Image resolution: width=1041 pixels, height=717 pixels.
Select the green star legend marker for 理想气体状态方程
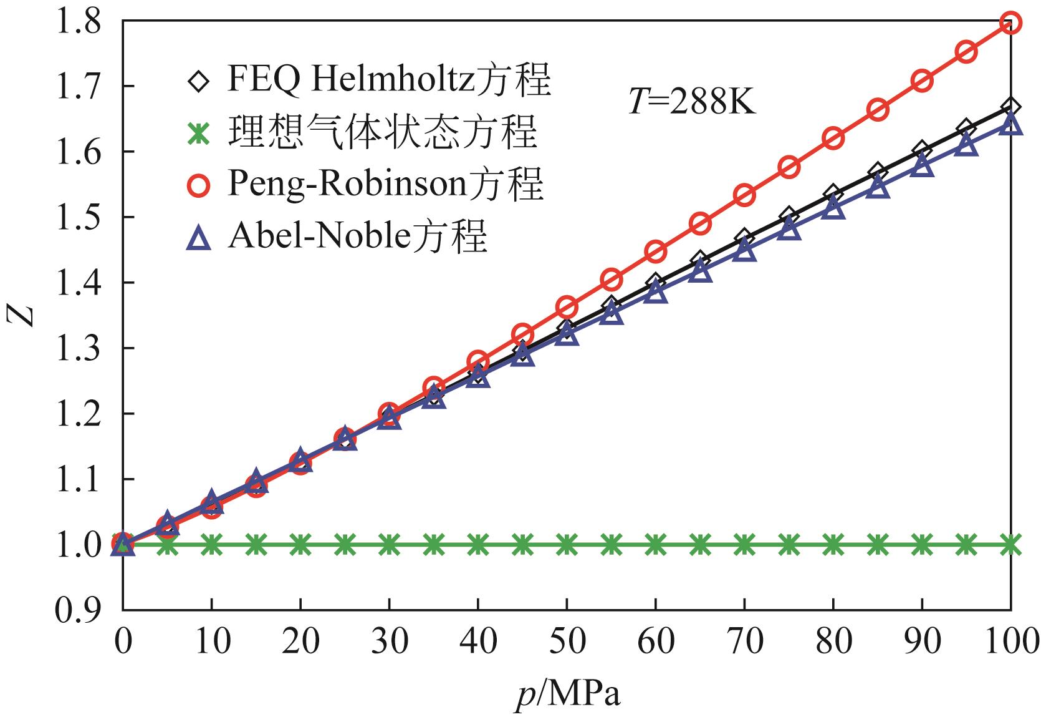[198, 133]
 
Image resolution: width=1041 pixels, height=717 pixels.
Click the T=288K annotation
[692, 102]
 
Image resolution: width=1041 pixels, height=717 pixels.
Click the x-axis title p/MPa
[568, 694]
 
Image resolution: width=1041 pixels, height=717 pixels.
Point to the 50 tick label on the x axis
[566, 641]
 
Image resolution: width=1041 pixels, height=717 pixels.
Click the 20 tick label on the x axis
[300, 641]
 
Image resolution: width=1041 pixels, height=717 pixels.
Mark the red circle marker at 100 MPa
[1010, 23]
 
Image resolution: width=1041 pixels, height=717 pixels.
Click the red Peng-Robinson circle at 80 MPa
[833, 138]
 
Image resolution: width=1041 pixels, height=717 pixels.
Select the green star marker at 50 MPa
[566, 545]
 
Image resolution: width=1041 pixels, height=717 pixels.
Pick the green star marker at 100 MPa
[1010, 545]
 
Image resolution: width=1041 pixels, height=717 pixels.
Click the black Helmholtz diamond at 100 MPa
[1010, 107]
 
